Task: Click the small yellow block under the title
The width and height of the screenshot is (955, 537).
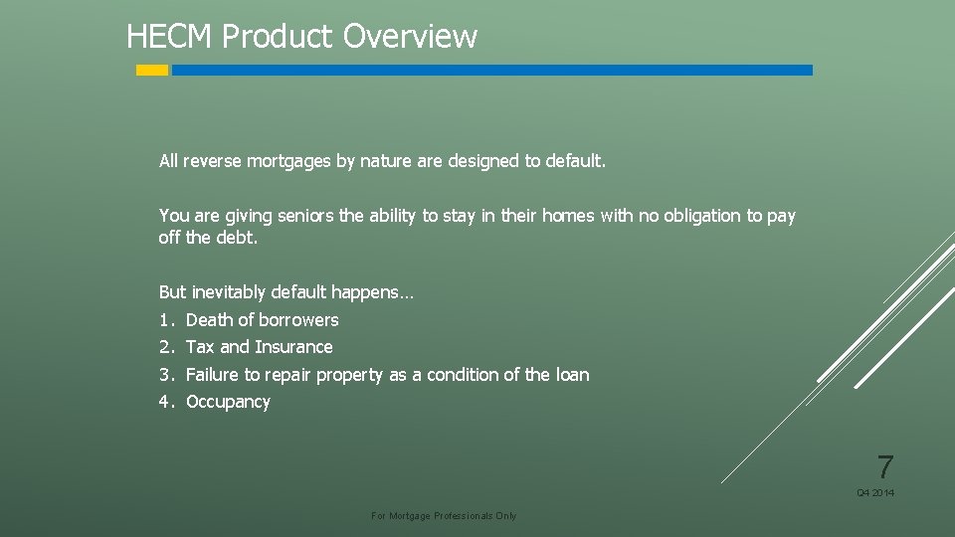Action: tap(152, 71)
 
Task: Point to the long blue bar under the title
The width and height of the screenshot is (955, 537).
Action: tap(491, 71)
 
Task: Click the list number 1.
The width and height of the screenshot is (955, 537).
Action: tap(166, 320)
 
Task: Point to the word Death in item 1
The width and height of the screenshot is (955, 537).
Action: tap(209, 320)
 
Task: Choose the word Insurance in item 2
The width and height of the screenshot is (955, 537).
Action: tap(293, 347)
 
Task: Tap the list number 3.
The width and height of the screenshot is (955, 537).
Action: tap(166, 375)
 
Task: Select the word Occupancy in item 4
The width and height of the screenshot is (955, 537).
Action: tap(228, 402)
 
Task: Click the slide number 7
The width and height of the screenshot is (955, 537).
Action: tap(884, 466)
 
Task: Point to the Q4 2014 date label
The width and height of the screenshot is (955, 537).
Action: tap(875, 493)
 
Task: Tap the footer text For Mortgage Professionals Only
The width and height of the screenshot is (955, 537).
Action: tap(444, 516)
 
